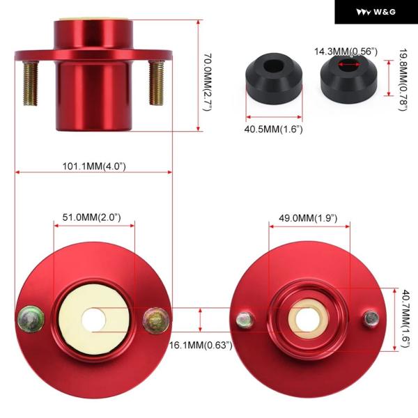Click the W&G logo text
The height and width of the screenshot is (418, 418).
(x=385, y=12)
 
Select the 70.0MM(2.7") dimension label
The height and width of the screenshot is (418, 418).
(x=208, y=82)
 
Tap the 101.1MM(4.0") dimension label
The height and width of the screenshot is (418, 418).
(x=94, y=167)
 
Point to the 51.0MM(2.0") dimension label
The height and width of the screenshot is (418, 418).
(x=91, y=217)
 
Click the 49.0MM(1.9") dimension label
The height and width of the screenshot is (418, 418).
(x=308, y=218)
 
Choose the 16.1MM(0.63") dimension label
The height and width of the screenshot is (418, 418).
(x=201, y=346)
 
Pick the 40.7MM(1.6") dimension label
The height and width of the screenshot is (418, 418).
(x=405, y=318)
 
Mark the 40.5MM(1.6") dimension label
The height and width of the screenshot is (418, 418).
(x=273, y=130)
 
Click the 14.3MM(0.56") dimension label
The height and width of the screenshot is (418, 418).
(x=346, y=52)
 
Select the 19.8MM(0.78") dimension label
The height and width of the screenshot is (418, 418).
(x=403, y=79)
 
